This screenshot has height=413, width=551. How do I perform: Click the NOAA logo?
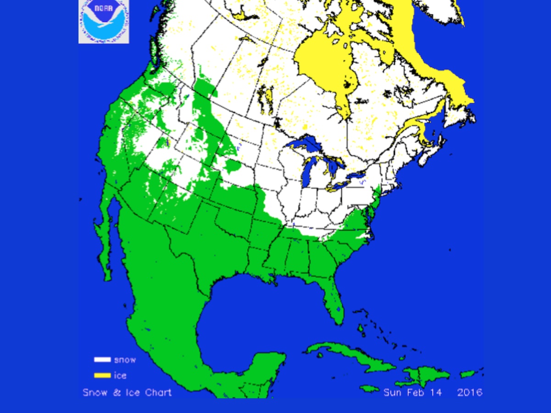tap(104, 22)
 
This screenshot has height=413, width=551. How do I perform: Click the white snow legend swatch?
tap(102, 360)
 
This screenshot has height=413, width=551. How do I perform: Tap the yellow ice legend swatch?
tap(102, 375)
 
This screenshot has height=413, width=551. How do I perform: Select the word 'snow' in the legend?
tap(125, 360)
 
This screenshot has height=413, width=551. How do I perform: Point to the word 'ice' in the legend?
tap(120, 375)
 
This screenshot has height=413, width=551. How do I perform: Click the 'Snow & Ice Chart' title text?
tap(127, 392)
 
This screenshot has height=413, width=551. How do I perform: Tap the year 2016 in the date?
tap(469, 392)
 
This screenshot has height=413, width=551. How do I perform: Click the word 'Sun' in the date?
tap(393, 392)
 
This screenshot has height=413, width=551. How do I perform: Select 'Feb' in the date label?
tap(417, 392)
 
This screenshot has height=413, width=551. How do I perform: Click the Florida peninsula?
tap(332, 301)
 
